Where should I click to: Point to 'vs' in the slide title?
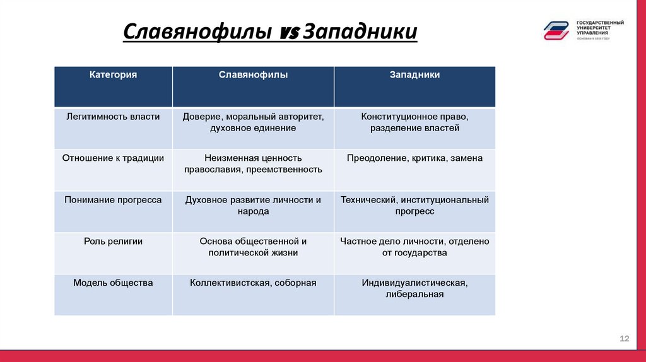(x=287, y=33)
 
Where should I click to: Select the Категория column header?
(x=114, y=75)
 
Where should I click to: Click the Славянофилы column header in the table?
(x=253, y=75)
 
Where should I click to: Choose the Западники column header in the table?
(x=414, y=75)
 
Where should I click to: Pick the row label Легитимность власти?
(x=114, y=117)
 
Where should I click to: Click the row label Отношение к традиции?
(x=114, y=158)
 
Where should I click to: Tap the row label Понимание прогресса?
(x=114, y=200)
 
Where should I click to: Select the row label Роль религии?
(x=114, y=242)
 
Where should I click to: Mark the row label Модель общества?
(x=114, y=283)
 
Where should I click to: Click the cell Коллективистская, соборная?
(x=253, y=283)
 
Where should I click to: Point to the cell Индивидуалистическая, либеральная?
(x=414, y=289)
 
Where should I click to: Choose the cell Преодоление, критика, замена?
(x=414, y=158)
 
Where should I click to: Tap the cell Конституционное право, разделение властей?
(x=414, y=122)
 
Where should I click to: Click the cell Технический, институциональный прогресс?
(x=414, y=206)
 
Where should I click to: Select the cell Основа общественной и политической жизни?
(x=253, y=247)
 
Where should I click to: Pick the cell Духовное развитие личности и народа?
(x=253, y=206)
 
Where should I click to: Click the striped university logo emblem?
(x=558, y=30)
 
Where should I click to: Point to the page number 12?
(x=625, y=339)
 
